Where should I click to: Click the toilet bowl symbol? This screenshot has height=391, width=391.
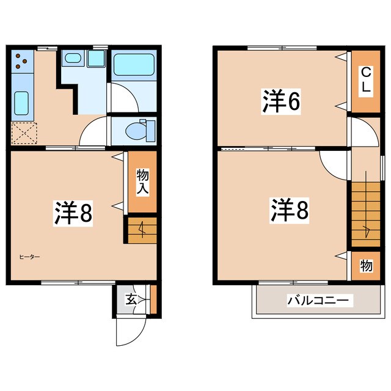click(x=140, y=130)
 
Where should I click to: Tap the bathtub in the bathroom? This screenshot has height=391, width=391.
click(x=134, y=65)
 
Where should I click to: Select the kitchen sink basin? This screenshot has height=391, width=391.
click(x=21, y=103)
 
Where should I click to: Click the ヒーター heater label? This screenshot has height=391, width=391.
click(x=30, y=257)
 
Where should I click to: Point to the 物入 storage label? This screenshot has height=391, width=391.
click(x=142, y=181)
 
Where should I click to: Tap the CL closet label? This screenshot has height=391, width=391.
click(x=366, y=80)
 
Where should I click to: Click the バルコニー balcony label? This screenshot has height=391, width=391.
click(x=318, y=300)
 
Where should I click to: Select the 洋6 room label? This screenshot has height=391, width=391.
click(x=281, y=101)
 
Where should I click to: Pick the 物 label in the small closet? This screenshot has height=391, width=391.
click(x=366, y=266)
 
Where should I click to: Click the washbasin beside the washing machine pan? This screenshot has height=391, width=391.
click(x=73, y=59)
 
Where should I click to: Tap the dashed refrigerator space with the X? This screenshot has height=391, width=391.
click(x=24, y=133)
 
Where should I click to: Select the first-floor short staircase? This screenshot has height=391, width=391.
click(x=142, y=230)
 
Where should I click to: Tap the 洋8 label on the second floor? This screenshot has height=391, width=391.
click(x=290, y=210)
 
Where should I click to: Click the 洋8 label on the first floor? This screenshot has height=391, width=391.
click(x=73, y=213)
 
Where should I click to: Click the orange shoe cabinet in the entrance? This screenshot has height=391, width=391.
click(x=153, y=299)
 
